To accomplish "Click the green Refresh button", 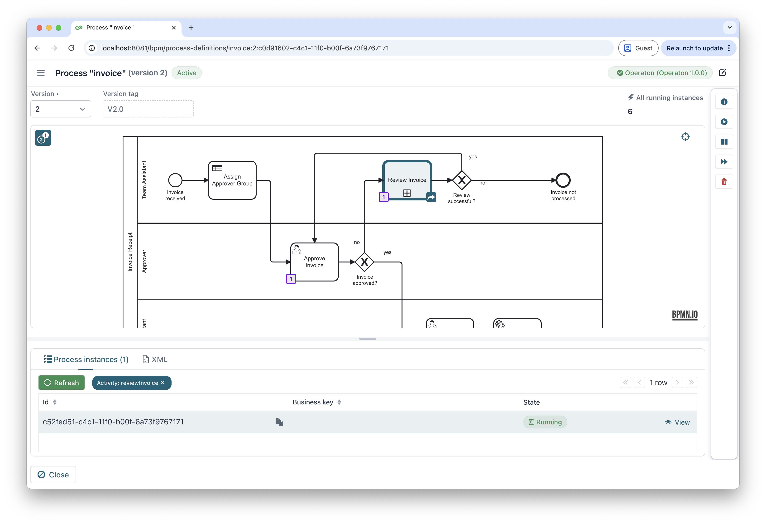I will [61, 383].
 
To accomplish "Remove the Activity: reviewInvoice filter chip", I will [163, 383].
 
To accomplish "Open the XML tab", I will [155, 359].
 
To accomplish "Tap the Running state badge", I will [545, 422].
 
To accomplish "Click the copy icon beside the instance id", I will [279, 422].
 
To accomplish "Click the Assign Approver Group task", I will [232, 180].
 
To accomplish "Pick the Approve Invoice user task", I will [314, 262].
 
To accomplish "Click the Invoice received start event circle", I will [175, 180].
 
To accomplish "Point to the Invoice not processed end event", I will [563, 180].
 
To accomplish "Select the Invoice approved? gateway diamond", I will [364, 262].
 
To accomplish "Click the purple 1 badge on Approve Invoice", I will [291, 279].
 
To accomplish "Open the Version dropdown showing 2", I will [61, 109].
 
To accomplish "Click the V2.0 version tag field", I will [148, 109].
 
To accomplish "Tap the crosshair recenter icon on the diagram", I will [685, 136].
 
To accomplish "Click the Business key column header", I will [313, 402].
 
